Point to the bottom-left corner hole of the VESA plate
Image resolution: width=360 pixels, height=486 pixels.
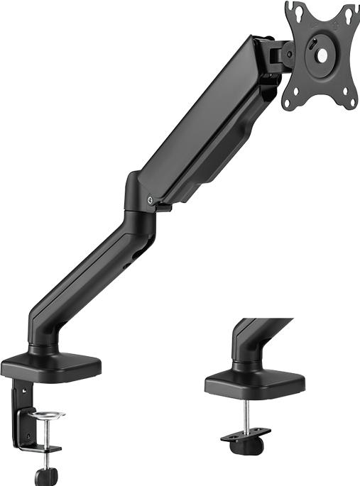[x=286, y=103]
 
